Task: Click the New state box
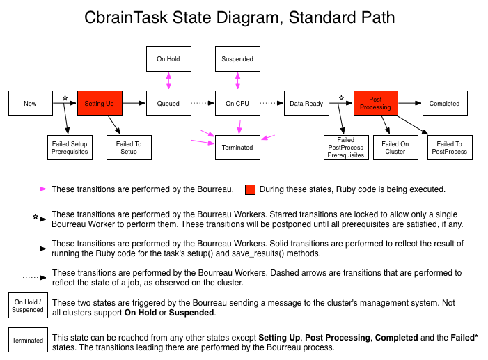point(31,103)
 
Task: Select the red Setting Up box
point(100,103)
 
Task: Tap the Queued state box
point(168,103)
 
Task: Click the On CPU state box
point(237,103)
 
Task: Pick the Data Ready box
point(306,103)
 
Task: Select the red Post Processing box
point(376,103)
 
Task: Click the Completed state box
point(445,103)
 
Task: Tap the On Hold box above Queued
point(168,59)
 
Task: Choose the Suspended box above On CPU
point(237,59)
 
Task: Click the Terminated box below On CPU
point(237,148)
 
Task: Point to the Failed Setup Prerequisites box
point(70,148)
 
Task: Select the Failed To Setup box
point(129,148)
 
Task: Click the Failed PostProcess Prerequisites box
point(346,148)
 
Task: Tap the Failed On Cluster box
point(395,148)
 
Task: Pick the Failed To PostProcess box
point(450,148)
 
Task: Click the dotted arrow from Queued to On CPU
point(203,103)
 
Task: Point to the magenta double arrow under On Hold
point(168,81)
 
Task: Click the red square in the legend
point(250,189)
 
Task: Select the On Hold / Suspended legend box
point(28,305)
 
